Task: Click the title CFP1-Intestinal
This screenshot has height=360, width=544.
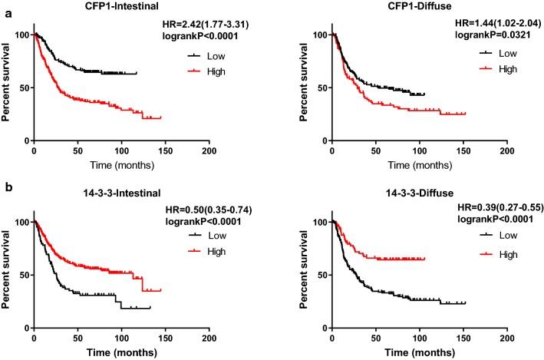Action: coord(100,8)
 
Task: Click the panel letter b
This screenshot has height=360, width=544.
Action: coord(5,195)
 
